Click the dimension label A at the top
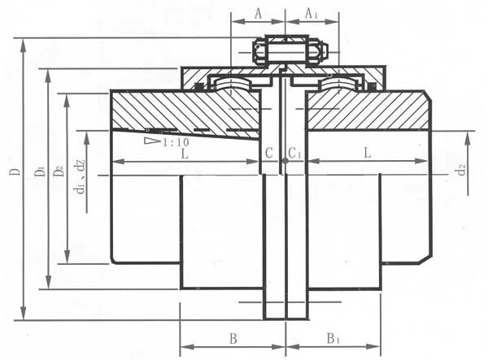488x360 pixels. click(x=259, y=14)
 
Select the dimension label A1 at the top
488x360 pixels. click(x=311, y=14)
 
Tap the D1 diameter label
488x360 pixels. click(x=40, y=171)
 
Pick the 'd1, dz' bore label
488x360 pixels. click(x=80, y=176)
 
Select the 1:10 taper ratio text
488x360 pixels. click(x=176, y=142)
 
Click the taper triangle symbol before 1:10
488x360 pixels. click(x=153, y=141)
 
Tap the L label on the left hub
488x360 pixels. click(x=185, y=154)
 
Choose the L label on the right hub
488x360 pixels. click(x=368, y=153)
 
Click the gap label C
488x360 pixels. click(x=269, y=153)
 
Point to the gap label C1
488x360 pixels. click(x=294, y=153)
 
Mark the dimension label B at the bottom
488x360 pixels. click(x=233, y=339)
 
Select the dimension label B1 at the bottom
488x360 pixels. click(x=333, y=339)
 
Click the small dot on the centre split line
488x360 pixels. click(x=285, y=161)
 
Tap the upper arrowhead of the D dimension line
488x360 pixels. click(x=23, y=45)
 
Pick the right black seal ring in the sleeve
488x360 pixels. click(x=372, y=86)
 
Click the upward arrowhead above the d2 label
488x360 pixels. click(x=467, y=137)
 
